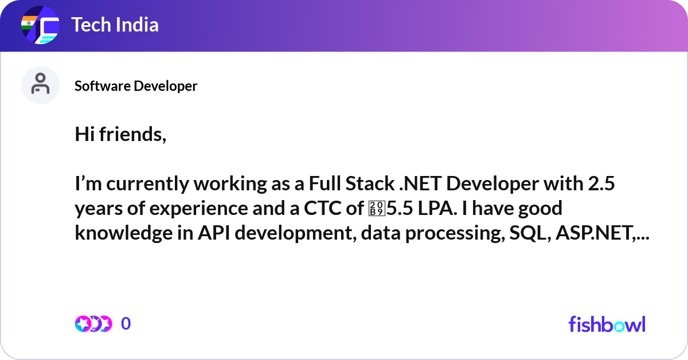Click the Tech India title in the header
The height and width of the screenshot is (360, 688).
point(115,25)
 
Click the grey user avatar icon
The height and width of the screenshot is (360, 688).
point(40,85)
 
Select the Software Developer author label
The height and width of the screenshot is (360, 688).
point(136,86)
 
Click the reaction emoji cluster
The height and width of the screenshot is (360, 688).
point(93,324)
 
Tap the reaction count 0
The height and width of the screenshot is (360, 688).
point(126,324)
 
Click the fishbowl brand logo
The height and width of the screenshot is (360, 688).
point(607,324)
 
